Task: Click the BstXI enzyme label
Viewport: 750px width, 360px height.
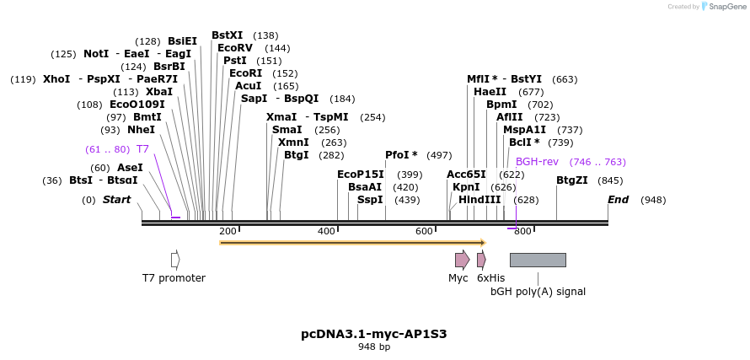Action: click(227, 35)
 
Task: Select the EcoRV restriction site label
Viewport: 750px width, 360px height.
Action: click(235, 48)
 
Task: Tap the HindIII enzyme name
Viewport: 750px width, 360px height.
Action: click(479, 200)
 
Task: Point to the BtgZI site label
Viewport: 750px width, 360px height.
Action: click(572, 180)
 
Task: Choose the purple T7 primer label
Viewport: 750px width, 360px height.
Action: click(142, 149)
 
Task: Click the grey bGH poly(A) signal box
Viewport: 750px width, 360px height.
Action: click(538, 260)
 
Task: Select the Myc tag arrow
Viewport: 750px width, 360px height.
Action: click(462, 260)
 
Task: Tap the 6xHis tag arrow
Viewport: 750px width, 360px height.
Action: click(481, 260)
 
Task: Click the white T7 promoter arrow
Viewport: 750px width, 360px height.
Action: click(175, 260)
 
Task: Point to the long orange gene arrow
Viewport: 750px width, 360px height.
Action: click(352, 243)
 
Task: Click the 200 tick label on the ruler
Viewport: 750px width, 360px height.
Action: click(228, 232)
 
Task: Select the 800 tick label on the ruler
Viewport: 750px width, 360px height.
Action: click(522, 232)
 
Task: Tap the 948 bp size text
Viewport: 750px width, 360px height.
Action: click(374, 347)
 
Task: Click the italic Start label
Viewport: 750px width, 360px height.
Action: click(117, 200)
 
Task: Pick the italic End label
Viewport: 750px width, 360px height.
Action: click(619, 200)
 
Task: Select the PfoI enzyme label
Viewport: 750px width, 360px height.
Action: click(401, 155)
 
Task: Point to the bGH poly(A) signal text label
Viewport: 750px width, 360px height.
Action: click(538, 292)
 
